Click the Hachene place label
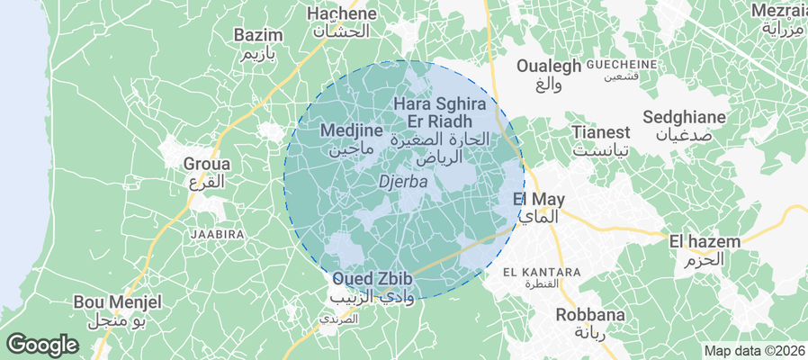tap(341, 14)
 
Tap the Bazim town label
tap(258, 36)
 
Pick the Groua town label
tap(207, 165)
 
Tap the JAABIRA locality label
tap(218, 234)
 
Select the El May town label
tap(538, 199)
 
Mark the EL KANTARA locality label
tap(542, 272)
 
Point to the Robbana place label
tap(589, 315)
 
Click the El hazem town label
tap(705, 241)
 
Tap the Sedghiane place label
tap(686, 118)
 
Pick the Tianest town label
tap(601, 132)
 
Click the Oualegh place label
tap(548, 66)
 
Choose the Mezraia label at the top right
tap(779, 10)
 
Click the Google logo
tap(42, 344)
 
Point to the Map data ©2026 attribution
tap(753, 351)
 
